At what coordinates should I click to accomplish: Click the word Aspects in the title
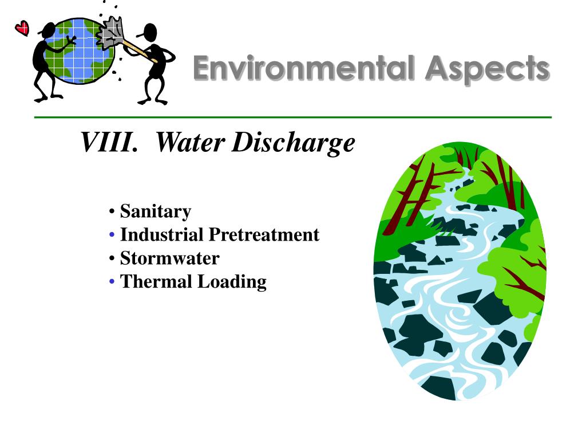coord(486,69)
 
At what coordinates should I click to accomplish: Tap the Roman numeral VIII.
coord(109,142)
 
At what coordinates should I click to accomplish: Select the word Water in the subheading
coord(188,142)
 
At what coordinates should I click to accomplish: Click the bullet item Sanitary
coord(155,211)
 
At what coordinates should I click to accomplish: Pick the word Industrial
coord(161,235)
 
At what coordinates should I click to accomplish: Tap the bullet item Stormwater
coord(169,258)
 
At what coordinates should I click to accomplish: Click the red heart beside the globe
coord(22,27)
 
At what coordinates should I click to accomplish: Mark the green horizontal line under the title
coord(293,117)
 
